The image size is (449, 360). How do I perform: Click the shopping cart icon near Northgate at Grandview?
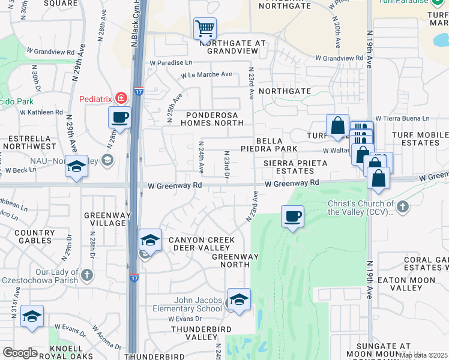[205, 28]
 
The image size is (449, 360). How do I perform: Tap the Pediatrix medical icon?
[121, 97]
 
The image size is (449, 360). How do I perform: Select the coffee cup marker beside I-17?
[119, 116]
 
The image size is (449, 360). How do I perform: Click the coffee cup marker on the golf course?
[292, 216]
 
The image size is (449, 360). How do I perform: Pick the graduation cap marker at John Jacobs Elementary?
[239, 299]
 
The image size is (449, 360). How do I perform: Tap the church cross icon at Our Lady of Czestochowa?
[87, 275]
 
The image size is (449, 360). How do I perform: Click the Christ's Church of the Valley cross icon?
[403, 207]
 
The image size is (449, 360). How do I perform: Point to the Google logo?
[20, 353]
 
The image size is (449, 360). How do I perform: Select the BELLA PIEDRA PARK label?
[277, 144]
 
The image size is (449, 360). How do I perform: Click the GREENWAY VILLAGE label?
[104, 219]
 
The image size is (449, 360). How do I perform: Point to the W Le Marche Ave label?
[207, 75]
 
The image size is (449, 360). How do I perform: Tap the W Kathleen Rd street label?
[42, 112]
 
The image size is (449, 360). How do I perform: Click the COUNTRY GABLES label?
[34, 237]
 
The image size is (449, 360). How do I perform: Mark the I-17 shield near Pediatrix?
[137, 91]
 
